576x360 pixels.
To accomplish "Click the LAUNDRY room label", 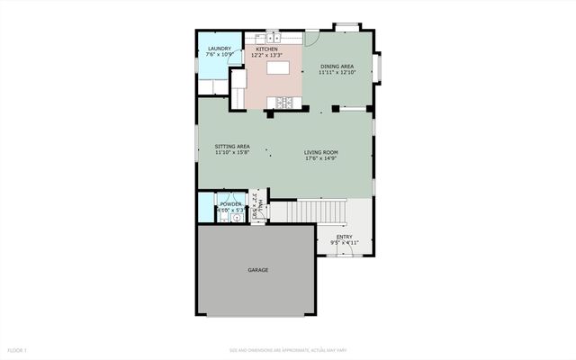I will click(220, 49).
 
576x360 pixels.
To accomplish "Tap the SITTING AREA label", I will click(231, 147).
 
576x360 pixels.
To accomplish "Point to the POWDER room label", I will click(230, 204).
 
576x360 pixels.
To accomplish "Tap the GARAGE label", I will click(258, 270).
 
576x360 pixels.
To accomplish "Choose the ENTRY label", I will click(345, 237).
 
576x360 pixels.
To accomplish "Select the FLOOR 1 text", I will click(18, 349).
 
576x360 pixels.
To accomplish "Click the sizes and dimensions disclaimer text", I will click(287, 349).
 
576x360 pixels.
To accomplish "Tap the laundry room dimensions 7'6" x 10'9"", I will click(220, 56).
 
